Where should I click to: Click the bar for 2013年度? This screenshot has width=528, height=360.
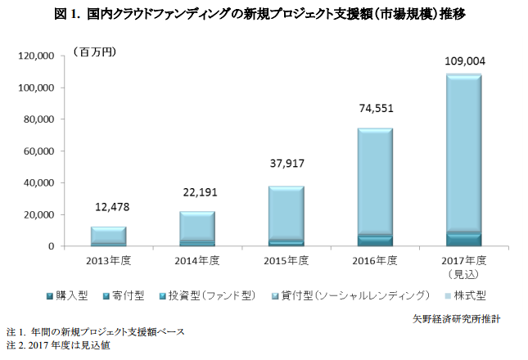pyautogui.click(x=109, y=236)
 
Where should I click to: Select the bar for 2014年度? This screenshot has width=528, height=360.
pyautogui.click(x=197, y=229)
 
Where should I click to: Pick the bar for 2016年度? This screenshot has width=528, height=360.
pyautogui.click(x=375, y=187)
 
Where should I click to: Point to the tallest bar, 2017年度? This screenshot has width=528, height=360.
pyautogui.click(x=463, y=160)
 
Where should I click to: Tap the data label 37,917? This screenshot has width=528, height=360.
pyautogui.click(x=287, y=164)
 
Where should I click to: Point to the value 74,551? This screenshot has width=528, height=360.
pyautogui.click(x=375, y=107)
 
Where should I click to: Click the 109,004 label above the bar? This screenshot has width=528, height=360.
pyautogui.click(x=463, y=60)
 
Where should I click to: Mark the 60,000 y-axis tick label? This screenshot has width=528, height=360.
pyautogui.click(x=39, y=151)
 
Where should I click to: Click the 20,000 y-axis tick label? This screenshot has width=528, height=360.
pyautogui.click(x=39, y=215)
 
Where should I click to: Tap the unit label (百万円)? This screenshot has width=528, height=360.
pyautogui.click(x=95, y=52)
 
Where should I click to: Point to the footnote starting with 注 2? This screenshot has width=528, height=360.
pyautogui.click(x=57, y=345)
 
